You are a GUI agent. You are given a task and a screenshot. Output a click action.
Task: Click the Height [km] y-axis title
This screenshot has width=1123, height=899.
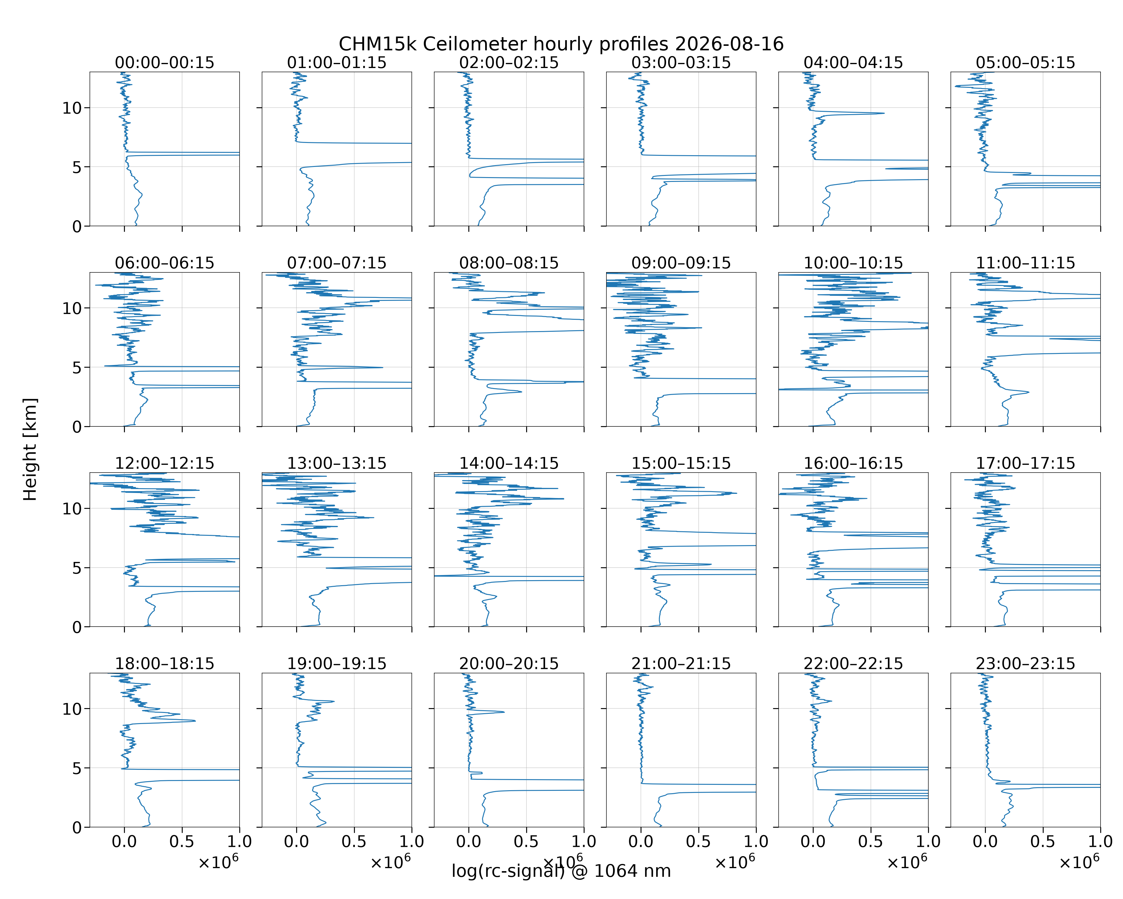click(30, 449)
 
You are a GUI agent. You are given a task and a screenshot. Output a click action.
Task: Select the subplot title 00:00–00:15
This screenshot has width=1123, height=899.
click(165, 63)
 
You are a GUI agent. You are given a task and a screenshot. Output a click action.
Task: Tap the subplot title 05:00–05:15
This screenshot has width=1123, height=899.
click(1026, 63)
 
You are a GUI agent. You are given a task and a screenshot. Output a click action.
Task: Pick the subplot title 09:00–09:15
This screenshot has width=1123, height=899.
click(681, 263)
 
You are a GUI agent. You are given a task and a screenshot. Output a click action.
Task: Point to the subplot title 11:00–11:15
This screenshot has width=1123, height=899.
click(1026, 263)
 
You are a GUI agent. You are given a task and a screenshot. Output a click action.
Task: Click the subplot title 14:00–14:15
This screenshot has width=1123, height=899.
click(509, 463)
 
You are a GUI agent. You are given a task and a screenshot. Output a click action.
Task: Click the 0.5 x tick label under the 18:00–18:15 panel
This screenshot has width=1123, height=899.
click(182, 841)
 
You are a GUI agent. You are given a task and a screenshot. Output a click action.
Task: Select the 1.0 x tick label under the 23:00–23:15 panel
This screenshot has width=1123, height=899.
click(1100, 841)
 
